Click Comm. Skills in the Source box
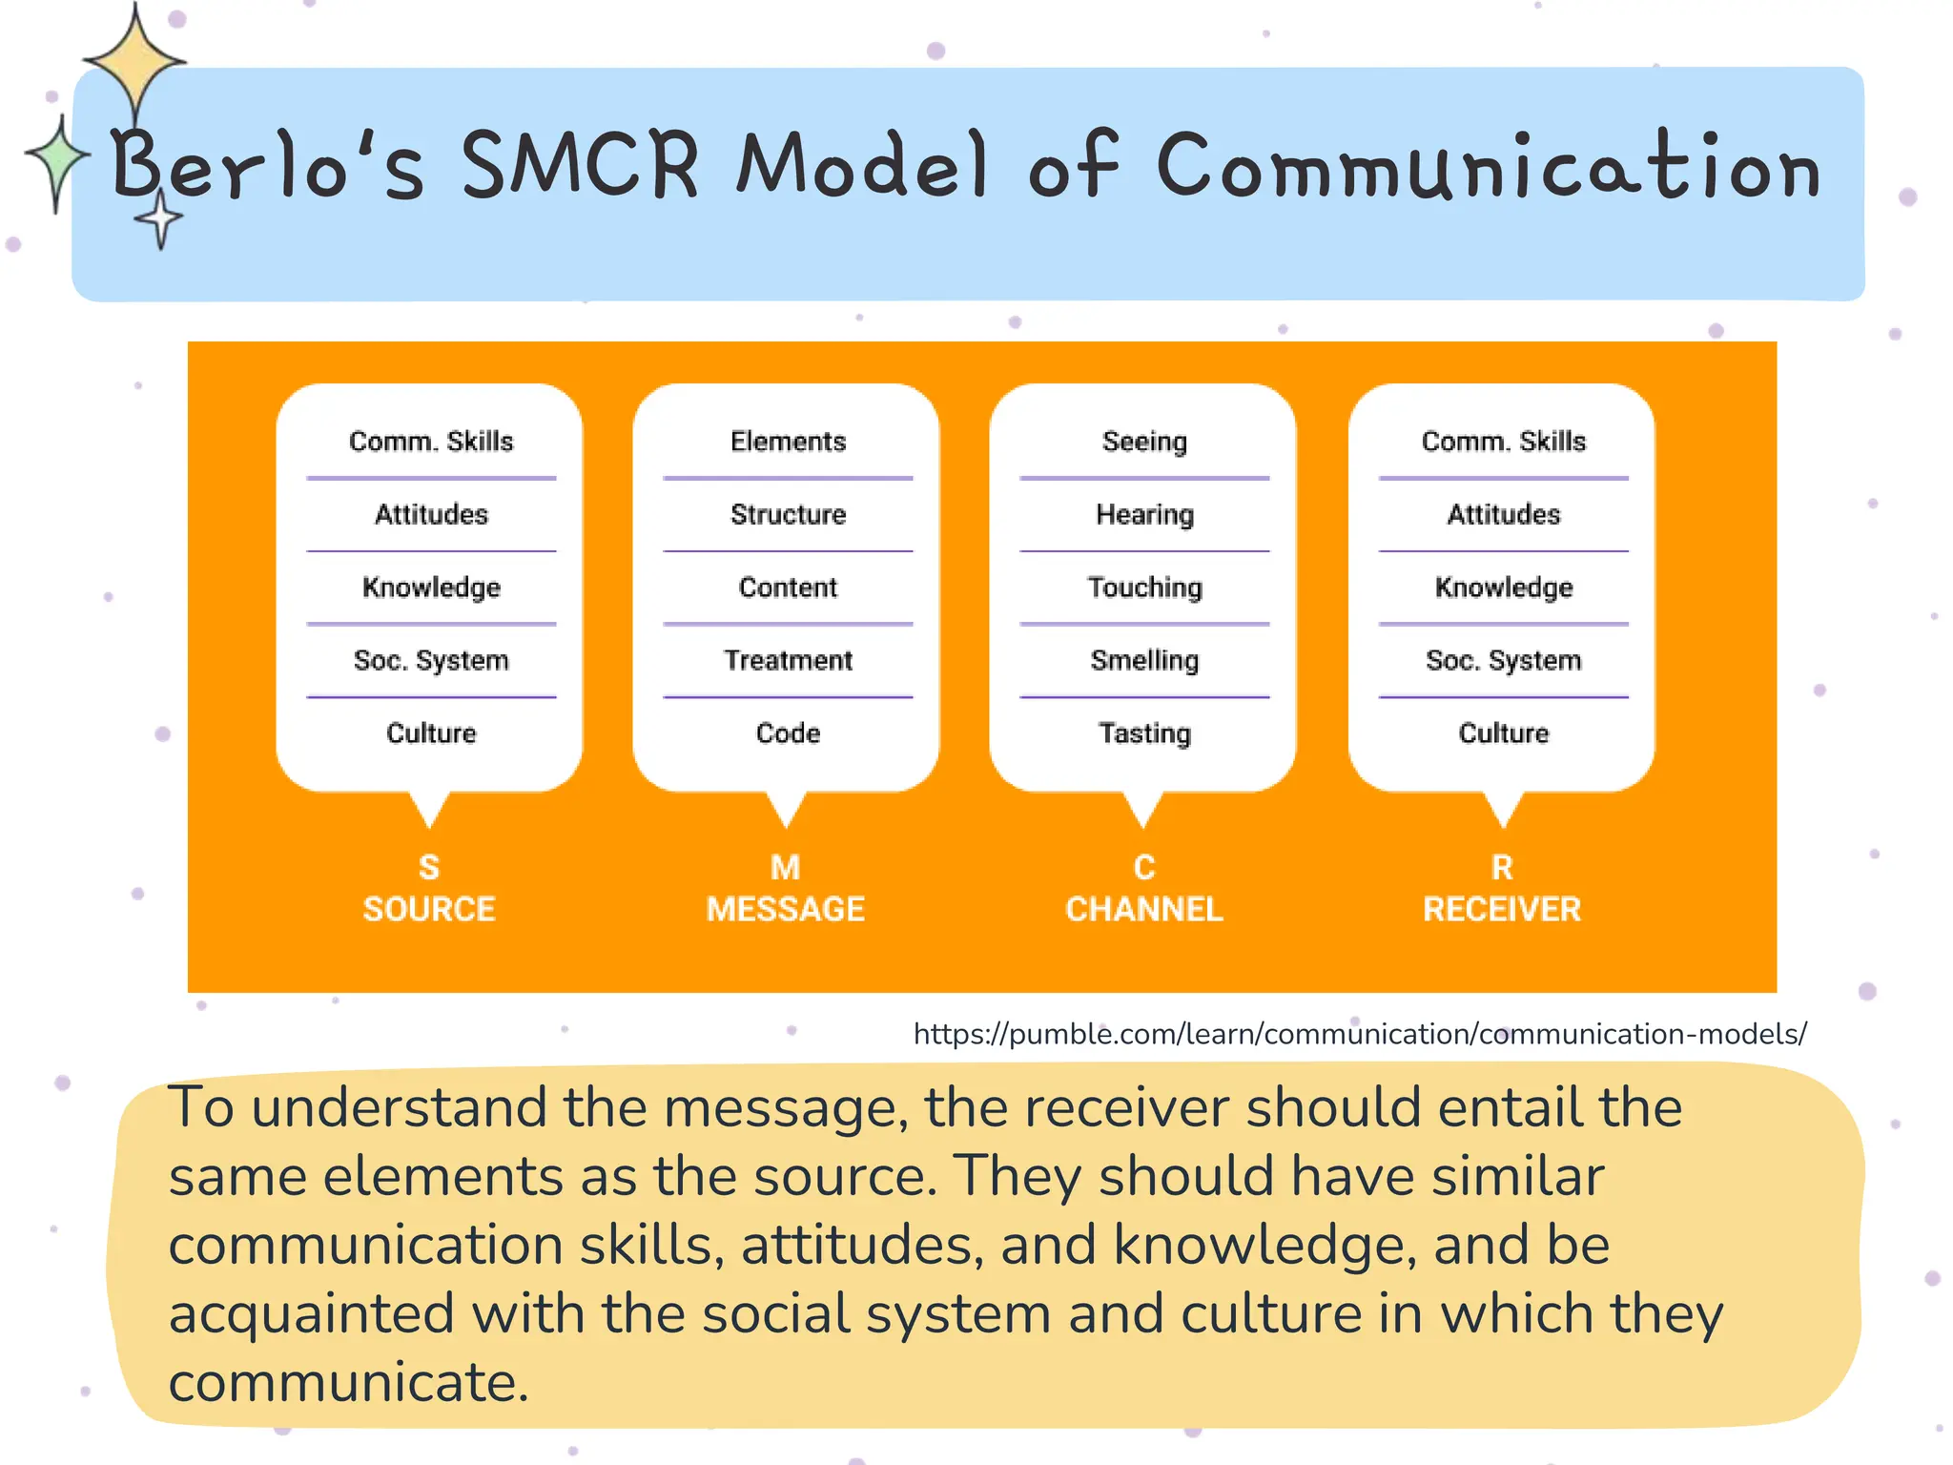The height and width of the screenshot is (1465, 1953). point(431,442)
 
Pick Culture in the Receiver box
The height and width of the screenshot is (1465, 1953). point(1503,732)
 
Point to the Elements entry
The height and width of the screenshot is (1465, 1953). point(788,442)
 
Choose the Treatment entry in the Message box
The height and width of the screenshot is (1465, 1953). point(788,660)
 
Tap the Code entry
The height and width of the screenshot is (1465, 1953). point(788,732)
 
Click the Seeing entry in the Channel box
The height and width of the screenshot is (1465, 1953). point(1144,442)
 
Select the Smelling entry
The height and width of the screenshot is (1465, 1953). point(1144,660)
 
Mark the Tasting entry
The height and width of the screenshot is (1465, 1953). point(1144,732)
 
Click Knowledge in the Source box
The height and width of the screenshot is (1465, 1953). point(431,588)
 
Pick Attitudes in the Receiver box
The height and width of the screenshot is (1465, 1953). point(1503,515)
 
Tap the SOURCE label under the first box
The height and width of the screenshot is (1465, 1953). point(429,909)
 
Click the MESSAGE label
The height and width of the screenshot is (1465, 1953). point(786,909)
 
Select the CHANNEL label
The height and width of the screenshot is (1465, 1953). point(1144,909)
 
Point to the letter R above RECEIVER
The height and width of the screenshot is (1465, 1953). point(1502,867)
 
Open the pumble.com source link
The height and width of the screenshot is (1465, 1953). point(1360,1034)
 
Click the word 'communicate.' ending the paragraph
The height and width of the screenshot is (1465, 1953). point(348,1383)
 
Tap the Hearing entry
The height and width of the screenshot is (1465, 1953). point(1144,515)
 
